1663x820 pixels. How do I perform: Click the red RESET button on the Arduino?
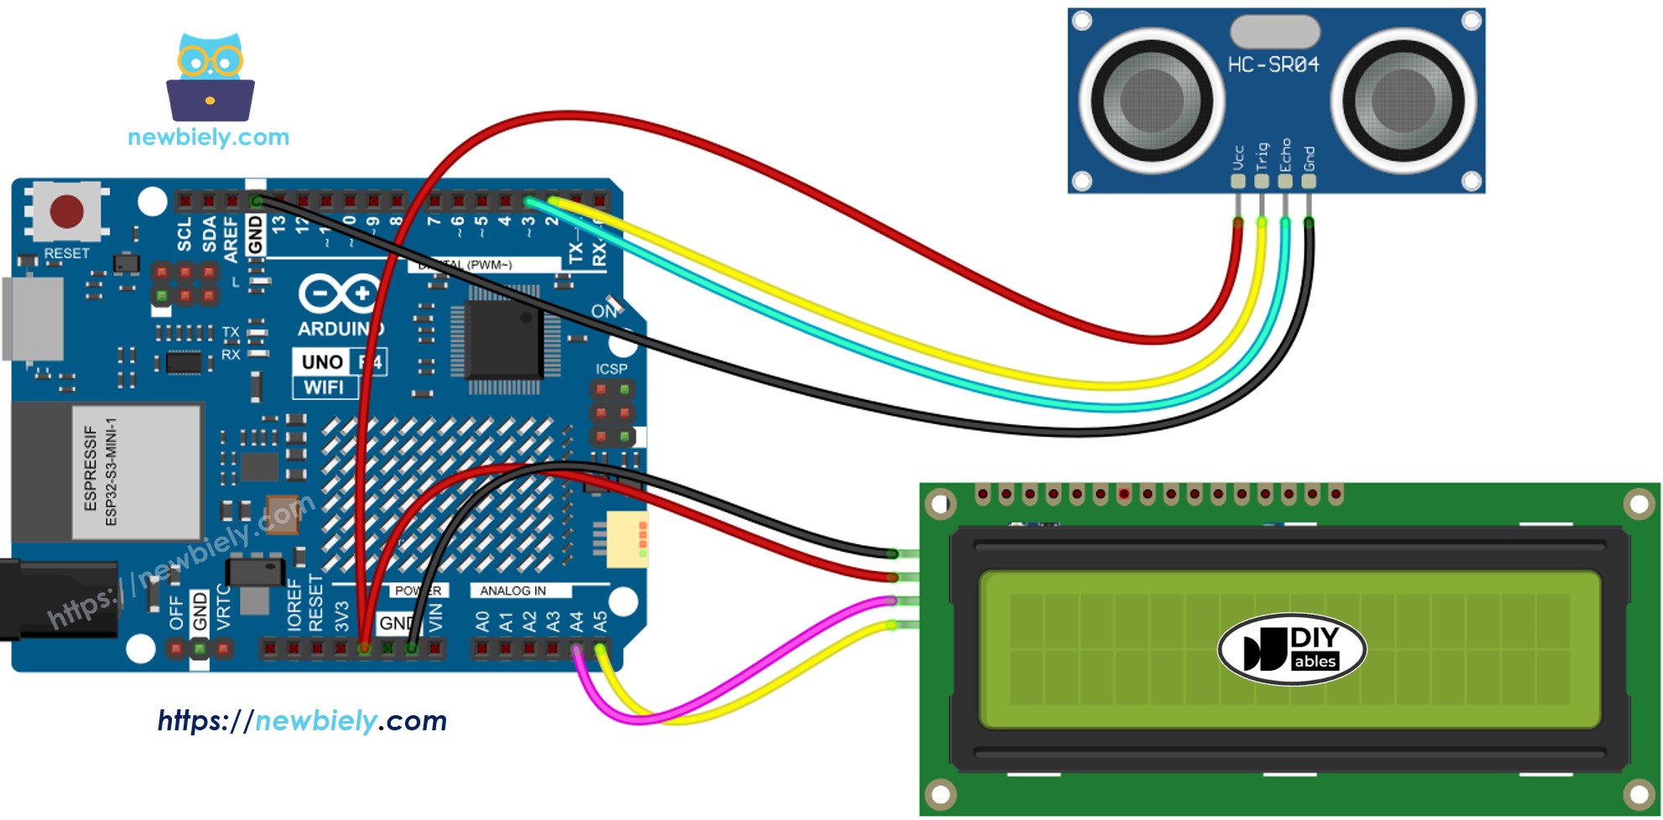coord(67,211)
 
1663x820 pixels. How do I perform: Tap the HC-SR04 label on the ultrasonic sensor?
coord(1273,65)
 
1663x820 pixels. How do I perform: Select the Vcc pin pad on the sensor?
coord(1238,180)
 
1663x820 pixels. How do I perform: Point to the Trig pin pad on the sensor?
coord(1261,180)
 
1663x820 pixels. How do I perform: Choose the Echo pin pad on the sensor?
coord(1285,180)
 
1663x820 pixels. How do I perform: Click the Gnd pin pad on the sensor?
coord(1308,180)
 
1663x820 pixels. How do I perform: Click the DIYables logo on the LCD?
coord(1291,649)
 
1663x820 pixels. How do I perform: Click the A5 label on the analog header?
coord(600,621)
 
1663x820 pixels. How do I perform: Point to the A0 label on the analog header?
coord(482,621)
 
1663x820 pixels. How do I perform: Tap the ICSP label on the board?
coord(611,369)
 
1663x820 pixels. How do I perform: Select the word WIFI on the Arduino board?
coord(324,387)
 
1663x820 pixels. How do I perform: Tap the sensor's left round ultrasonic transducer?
coord(1151,100)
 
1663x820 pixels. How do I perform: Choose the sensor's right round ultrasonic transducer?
coord(1402,100)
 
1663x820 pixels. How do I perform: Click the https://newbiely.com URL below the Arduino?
coord(302,720)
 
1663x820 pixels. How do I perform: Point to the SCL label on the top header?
coord(184,234)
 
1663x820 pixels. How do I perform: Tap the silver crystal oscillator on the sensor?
coord(1275,32)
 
